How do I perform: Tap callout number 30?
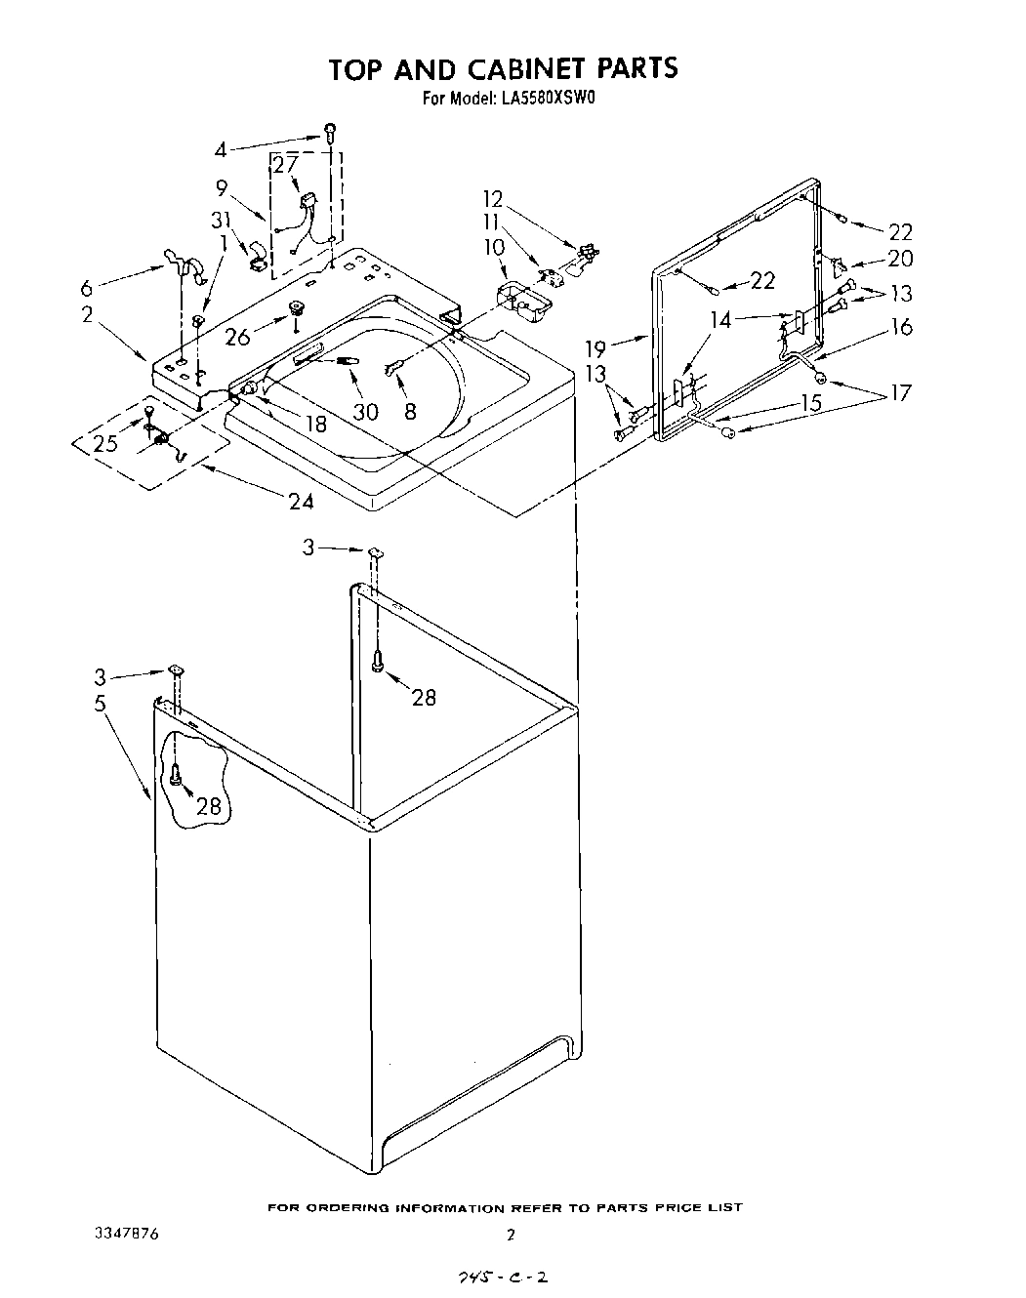pos(365,412)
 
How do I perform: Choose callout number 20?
pos(899,258)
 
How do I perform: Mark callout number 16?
pos(901,326)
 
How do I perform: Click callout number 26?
pos(237,338)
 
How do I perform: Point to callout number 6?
pos(86,289)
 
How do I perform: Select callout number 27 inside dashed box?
pos(284,165)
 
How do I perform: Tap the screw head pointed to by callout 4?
pos(331,129)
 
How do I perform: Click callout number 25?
pos(105,442)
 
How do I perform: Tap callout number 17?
pos(899,392)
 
